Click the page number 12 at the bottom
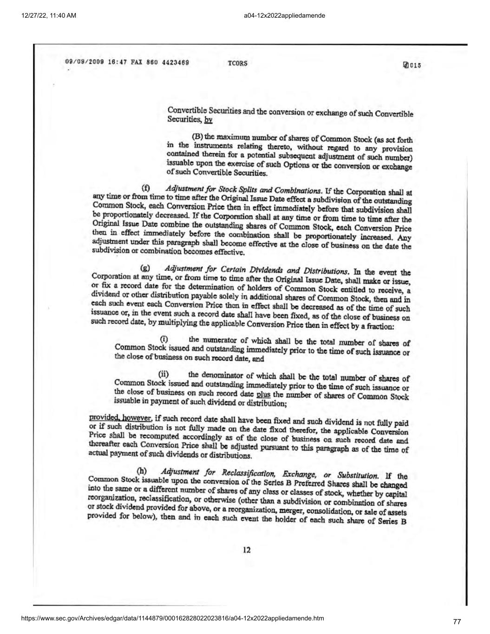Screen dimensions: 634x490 (x=247, y=550)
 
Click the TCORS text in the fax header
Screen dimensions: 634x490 (x=238, y=63)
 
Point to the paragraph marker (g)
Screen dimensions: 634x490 (x=145, y=268)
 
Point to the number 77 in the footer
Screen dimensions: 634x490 (x=457, y=621)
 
